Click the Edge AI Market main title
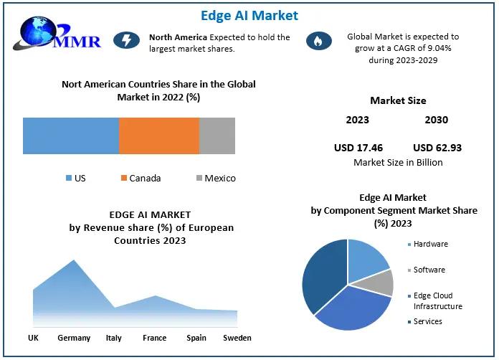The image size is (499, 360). [x=249, y=15]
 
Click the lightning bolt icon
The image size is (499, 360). [x=126, y=41]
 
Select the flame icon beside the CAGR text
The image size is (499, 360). [x=315, y=42]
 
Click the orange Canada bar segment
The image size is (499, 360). [x=158, y=136]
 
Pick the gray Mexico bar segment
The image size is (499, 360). [x=217, y=136]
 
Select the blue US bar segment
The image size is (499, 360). [x=70, y=136]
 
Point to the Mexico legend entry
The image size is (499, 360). [x=214, y=178]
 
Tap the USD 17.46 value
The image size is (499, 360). [x=358, y=148]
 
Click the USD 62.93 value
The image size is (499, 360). [x=437, y=148]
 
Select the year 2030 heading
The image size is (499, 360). [x=436, y=120]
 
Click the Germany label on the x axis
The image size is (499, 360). [x=74, y=338]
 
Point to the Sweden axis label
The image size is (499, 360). [x=237, y=338]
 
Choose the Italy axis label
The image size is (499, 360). [x=113, y=338]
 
